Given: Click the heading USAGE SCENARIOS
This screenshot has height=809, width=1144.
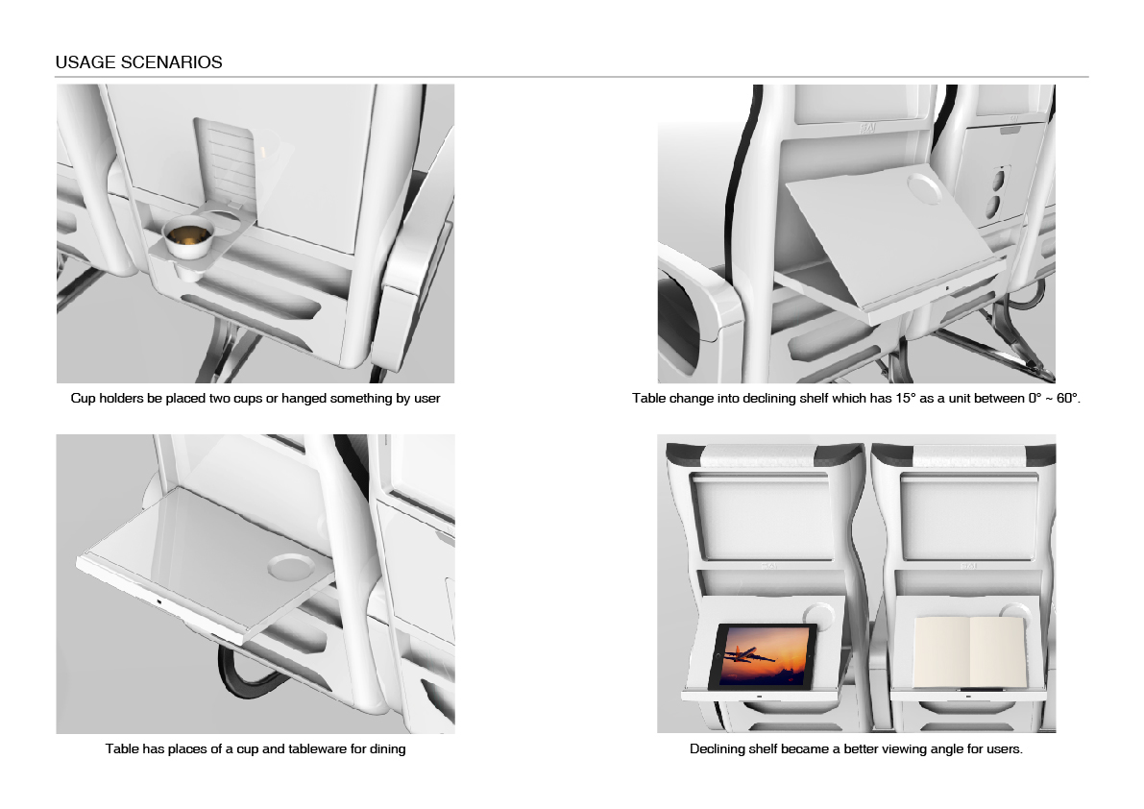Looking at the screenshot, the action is click(138, 62).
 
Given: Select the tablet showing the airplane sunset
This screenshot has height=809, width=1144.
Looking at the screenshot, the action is click(764, 656).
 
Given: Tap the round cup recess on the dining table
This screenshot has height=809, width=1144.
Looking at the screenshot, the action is click(290, 566).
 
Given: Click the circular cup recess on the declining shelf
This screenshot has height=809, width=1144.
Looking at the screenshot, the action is click(924, 186).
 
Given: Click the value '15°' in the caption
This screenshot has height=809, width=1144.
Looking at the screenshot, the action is click(906, 399).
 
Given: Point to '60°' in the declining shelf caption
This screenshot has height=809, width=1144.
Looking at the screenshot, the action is click(1068, 399).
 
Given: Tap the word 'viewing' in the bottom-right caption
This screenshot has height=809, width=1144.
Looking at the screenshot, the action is click(903, 749).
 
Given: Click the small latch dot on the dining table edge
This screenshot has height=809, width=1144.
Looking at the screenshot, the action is click(158, 601).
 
